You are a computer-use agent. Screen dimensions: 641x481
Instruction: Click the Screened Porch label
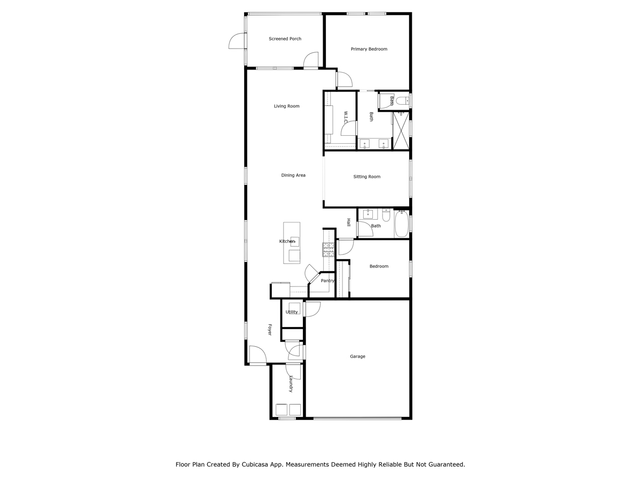pos(285,39)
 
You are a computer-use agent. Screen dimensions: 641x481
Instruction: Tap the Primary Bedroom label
pos(369,49)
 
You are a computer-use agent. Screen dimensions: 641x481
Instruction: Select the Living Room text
pos(286,106)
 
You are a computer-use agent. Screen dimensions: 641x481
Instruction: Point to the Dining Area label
pos(293,175)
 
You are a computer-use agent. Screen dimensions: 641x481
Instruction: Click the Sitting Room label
pos(366,177)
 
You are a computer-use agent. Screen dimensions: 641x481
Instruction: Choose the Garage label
pos(357,356)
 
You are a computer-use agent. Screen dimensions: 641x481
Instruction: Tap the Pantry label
pos(327,281)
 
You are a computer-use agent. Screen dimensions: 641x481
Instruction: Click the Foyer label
pos(270,329)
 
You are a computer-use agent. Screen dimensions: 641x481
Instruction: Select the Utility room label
pos(292,312)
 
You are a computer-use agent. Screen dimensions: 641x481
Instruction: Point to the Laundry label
pos(291,383)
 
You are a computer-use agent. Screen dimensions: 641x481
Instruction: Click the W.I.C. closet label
pos(346,117)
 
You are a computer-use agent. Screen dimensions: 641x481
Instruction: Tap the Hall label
pos(348,222)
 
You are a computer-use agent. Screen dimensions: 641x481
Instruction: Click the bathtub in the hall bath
pos(401,224)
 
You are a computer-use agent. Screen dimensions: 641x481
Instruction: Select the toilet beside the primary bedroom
pos(403,101)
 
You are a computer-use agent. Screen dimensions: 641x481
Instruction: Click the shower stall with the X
pos(401,130)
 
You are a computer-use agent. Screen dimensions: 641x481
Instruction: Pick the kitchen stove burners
pos(328,250)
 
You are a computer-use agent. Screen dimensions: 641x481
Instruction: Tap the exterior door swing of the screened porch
pos(237,41)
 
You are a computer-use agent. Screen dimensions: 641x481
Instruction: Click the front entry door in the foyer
pos(257,354)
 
